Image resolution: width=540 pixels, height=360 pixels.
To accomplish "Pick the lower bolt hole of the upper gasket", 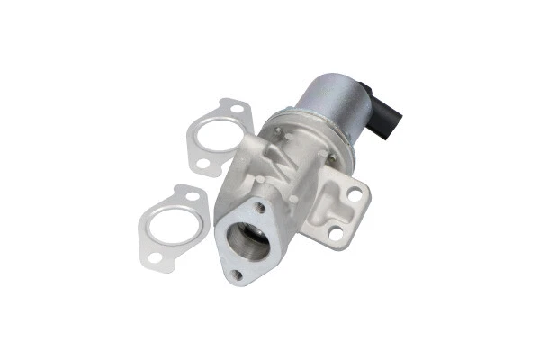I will pyautogui.click(x=204, y=166).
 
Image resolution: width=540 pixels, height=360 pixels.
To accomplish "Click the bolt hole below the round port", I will pyautogui.click(x=237, y=275).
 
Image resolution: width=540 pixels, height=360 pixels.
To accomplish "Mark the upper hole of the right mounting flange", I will pyautogui.click(x=356, y=193).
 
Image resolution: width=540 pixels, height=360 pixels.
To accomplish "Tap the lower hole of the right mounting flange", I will pyautogui.click(x=337, y=235).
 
